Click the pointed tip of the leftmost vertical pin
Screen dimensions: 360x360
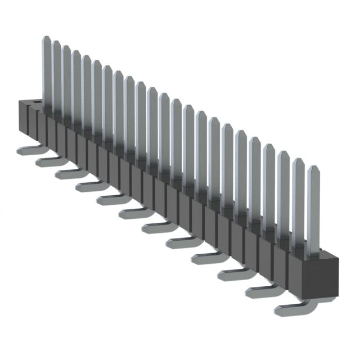47,39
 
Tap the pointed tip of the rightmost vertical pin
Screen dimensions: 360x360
313,168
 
